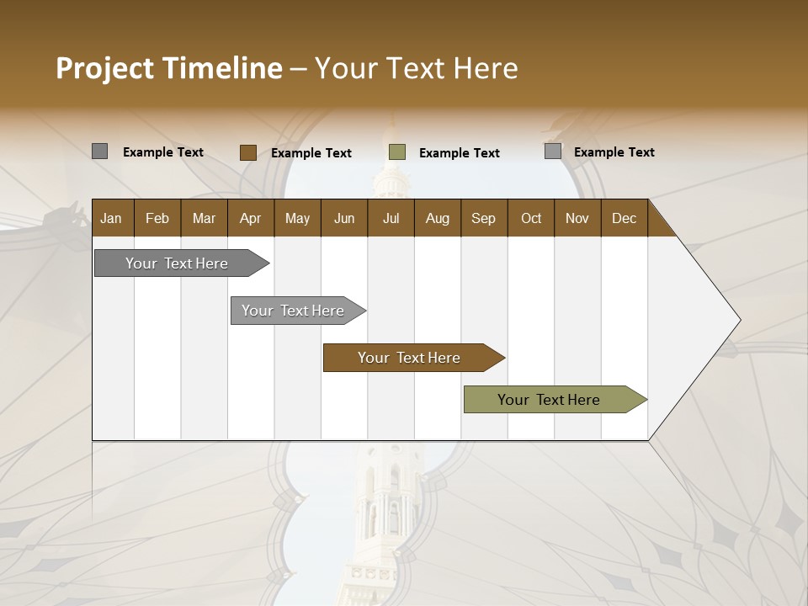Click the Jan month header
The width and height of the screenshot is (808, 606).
[x=111, y=218]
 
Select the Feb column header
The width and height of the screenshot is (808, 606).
[x=157, y=218]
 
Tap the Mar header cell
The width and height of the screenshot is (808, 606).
[x=204, y=218]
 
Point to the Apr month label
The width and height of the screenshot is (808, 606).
[x=250, y=218]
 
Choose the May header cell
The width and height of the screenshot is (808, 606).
[x=297, y=218]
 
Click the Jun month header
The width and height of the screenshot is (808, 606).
[x=344, y=218]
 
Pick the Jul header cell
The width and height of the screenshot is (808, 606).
[x=391, y=218]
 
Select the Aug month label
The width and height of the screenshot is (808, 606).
[x=437, y=218]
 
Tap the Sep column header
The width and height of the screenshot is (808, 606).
[x=483, y=218]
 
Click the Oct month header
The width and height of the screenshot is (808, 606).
[x=531, y=218]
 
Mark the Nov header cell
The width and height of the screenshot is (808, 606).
[x=577, y=218]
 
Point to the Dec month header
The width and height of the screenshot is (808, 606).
[x=624, y=218]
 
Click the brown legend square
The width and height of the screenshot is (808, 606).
[x=248, y=152]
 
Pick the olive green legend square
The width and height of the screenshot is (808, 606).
[x=397, y=152]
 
